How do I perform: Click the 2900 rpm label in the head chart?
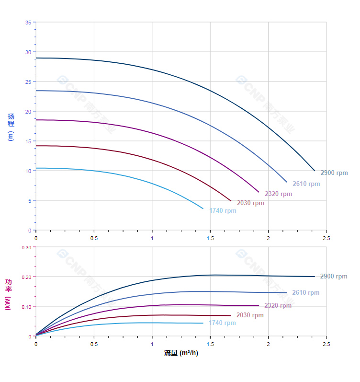334,173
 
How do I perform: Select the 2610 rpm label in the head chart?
306,184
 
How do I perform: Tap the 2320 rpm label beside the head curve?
278,194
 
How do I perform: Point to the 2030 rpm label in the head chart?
250,203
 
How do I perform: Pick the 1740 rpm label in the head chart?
223,211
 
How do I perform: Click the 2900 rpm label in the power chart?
334,277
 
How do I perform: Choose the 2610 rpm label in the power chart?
305,293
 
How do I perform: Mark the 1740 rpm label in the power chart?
222,323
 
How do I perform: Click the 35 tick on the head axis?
28,23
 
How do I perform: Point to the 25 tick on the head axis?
28,82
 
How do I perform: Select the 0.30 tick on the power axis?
26,247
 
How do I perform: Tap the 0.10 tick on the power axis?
26,307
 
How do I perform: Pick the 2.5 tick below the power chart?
326,344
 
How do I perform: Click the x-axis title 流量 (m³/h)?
181,353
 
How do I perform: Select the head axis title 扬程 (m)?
11,127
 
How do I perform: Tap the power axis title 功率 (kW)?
8,294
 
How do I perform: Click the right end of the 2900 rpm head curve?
315,171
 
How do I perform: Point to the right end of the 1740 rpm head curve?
203,208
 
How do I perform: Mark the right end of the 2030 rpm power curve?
231,315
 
